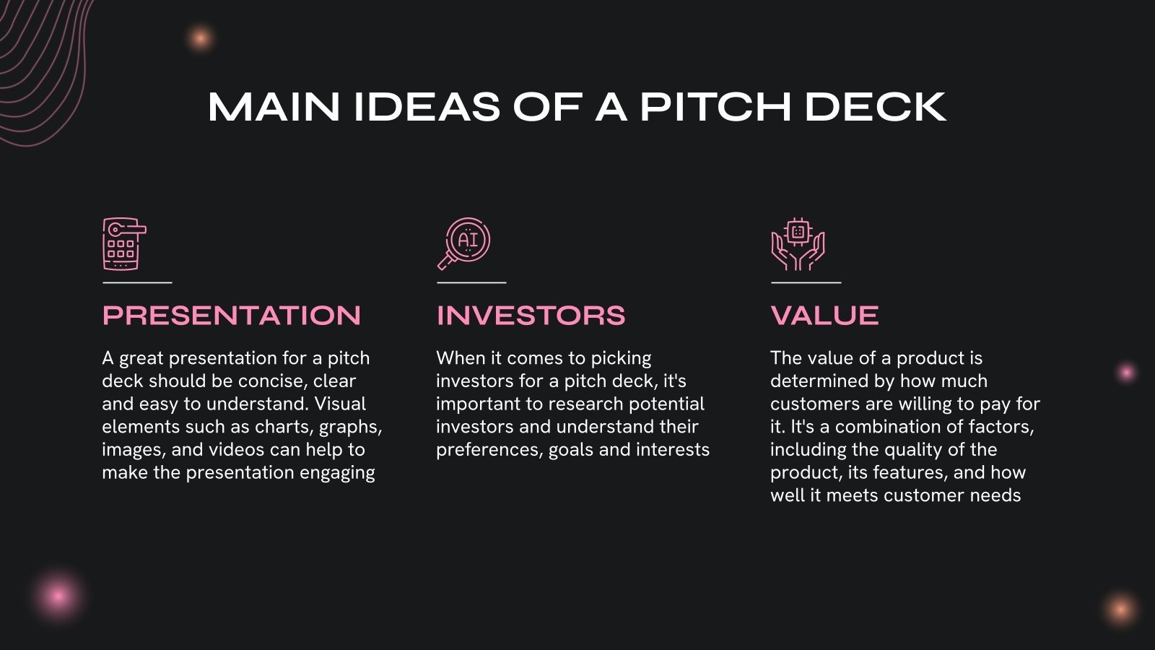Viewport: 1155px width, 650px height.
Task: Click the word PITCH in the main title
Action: tap(715, 107)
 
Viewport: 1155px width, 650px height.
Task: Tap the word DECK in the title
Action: tap(874, 107)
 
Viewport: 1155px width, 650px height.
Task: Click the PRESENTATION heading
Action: tap(232, 316)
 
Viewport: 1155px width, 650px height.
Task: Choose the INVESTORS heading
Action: tap(531, 316)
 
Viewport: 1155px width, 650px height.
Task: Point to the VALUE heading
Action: tap(824, 316)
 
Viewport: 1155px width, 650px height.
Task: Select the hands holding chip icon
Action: tap(798, 244)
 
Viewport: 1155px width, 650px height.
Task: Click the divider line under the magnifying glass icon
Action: tap(471, 282)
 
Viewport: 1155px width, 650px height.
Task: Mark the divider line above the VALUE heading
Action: tap(806, 282)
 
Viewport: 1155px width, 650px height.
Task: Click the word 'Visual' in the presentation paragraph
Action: tap(340, 404)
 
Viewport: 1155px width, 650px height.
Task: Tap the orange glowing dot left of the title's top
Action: tap(200, 38)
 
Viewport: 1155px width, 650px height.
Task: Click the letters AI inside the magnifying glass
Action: tap(468, 240)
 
